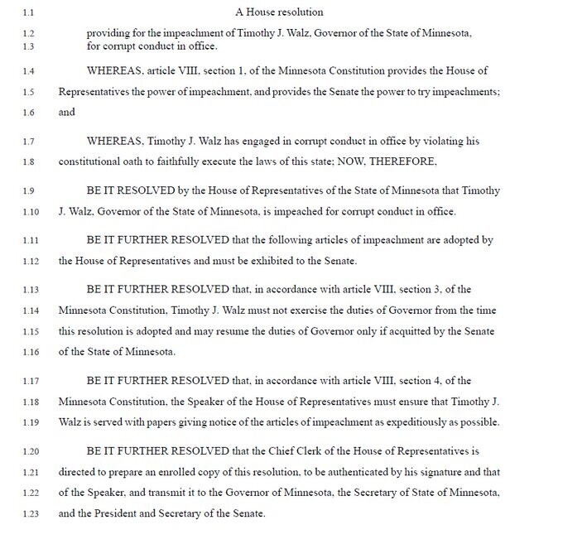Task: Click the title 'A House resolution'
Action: [278, 12]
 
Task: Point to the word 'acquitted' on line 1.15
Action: [421, 330]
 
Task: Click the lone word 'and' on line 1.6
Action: [67, 112]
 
